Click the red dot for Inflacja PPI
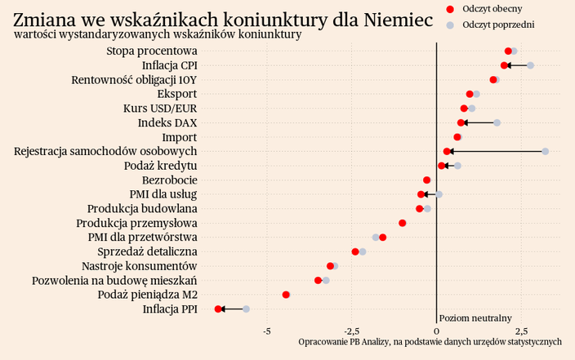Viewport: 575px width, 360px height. (218, 309)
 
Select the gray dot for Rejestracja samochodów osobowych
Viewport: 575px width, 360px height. (546, 151)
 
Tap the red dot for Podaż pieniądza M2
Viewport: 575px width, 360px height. (286, 295)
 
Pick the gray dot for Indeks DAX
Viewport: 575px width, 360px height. (497, 122)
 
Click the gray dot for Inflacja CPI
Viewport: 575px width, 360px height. (530, 65)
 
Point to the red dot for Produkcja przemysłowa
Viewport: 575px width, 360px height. (403, 223)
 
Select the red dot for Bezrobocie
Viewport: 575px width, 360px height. (426, 180)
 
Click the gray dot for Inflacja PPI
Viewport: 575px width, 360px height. (246, 309)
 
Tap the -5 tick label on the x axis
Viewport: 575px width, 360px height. (267, 331)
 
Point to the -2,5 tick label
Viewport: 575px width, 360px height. (351, 331)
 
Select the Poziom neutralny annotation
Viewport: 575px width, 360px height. (475, 318)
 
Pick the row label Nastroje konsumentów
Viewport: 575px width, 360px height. (140, 266)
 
